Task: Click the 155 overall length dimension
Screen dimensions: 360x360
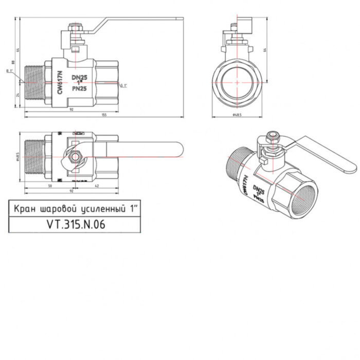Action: [x=104, y=115]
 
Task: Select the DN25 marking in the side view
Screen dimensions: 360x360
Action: [x=79, y=77]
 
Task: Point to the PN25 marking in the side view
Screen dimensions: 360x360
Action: [x=79, y=88]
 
